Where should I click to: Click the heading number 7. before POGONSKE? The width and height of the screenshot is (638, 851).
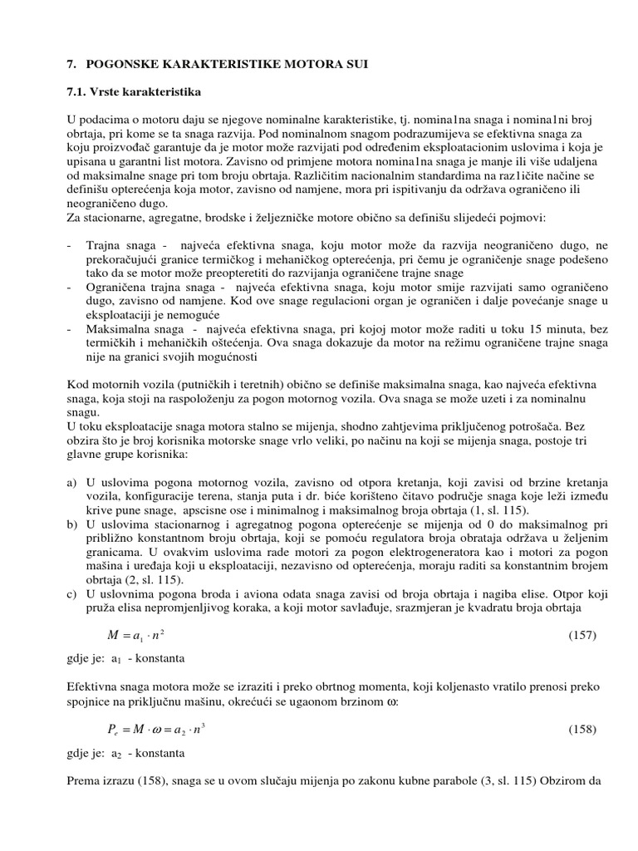click(71, 63)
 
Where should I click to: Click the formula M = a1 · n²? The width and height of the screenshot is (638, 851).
click(140, 636)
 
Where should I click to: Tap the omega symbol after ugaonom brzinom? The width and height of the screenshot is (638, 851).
click(392, 702)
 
